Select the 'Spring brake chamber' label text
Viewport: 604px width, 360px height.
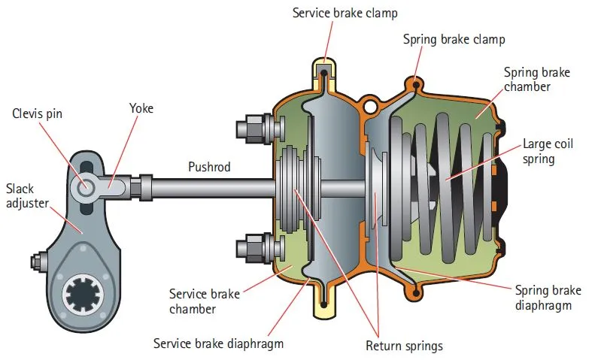click(x=537, y=79)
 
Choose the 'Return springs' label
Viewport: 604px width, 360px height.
click(x=403, y=346)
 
